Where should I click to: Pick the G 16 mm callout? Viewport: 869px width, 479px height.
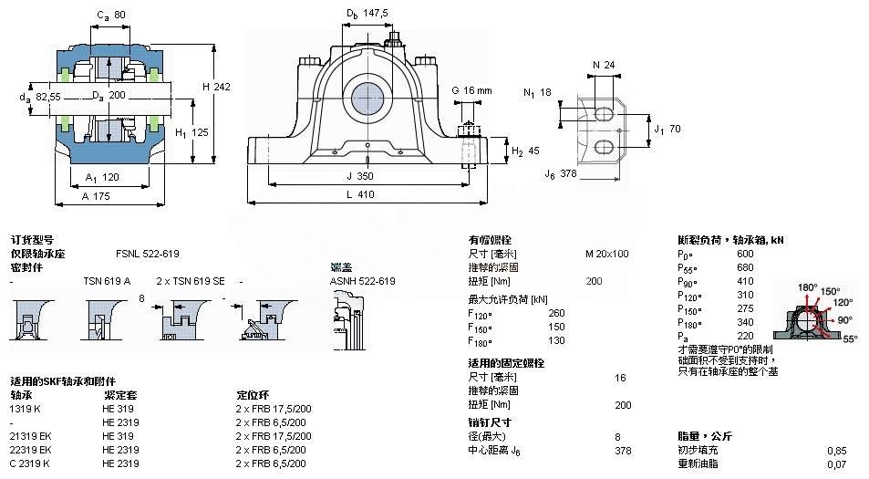pyautogui.click(x=471, y=90)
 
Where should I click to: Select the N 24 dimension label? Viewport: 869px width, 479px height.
pyautogui.click(x=603, y=65)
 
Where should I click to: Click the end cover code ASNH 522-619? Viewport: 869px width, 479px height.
pyautogui.click(x=362, y=281)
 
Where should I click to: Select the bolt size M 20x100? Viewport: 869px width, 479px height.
pyautogui.click(x=606, y=253)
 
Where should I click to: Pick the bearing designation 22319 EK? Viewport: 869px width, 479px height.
pyautogui.click(x=31, y=450)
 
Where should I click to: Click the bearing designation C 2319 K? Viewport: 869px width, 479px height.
pyautogui.click(x=30, y=463)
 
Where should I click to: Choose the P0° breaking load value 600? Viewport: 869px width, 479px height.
pyautogui.click(x=745, y=254)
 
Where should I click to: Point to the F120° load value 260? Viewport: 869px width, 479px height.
pyautogui.click(x=582, y=313)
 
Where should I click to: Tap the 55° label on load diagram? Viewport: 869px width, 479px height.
pyautogui.click(x=849, y=338)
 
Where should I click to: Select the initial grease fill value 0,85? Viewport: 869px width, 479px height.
pyautogui.click(x=835, y=450)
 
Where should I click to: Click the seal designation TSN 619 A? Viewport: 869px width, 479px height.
pyautogui.click(x=107, y=281)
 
